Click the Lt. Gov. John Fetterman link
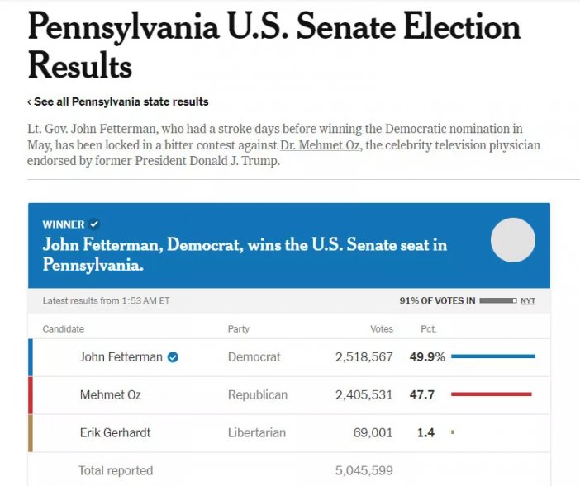click(x=92, y=130)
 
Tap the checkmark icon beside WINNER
click(x=94, y=224)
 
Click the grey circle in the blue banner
click(x=513, y=240)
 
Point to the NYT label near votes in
click(x=528, y=301)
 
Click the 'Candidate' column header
click(x=64, y=329)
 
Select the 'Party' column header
click(x=238, y=329)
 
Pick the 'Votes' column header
click(x=382, y=329)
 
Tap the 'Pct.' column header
click(x=428, y=329)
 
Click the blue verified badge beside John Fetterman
click(x=174, y=357)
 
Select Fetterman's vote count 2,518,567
click(x=364, y=357)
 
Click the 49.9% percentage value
click(x=427, y=357)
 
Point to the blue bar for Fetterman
click(x=493, y=356)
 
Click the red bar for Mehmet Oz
click(x=491, y=394)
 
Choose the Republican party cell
click(x=258, y=395)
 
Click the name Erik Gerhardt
click(x=115, y=432)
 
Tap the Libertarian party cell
click(x=256, y=432)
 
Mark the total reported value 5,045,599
click(x=364, y=470)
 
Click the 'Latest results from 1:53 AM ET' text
click(x=106, y=301)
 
